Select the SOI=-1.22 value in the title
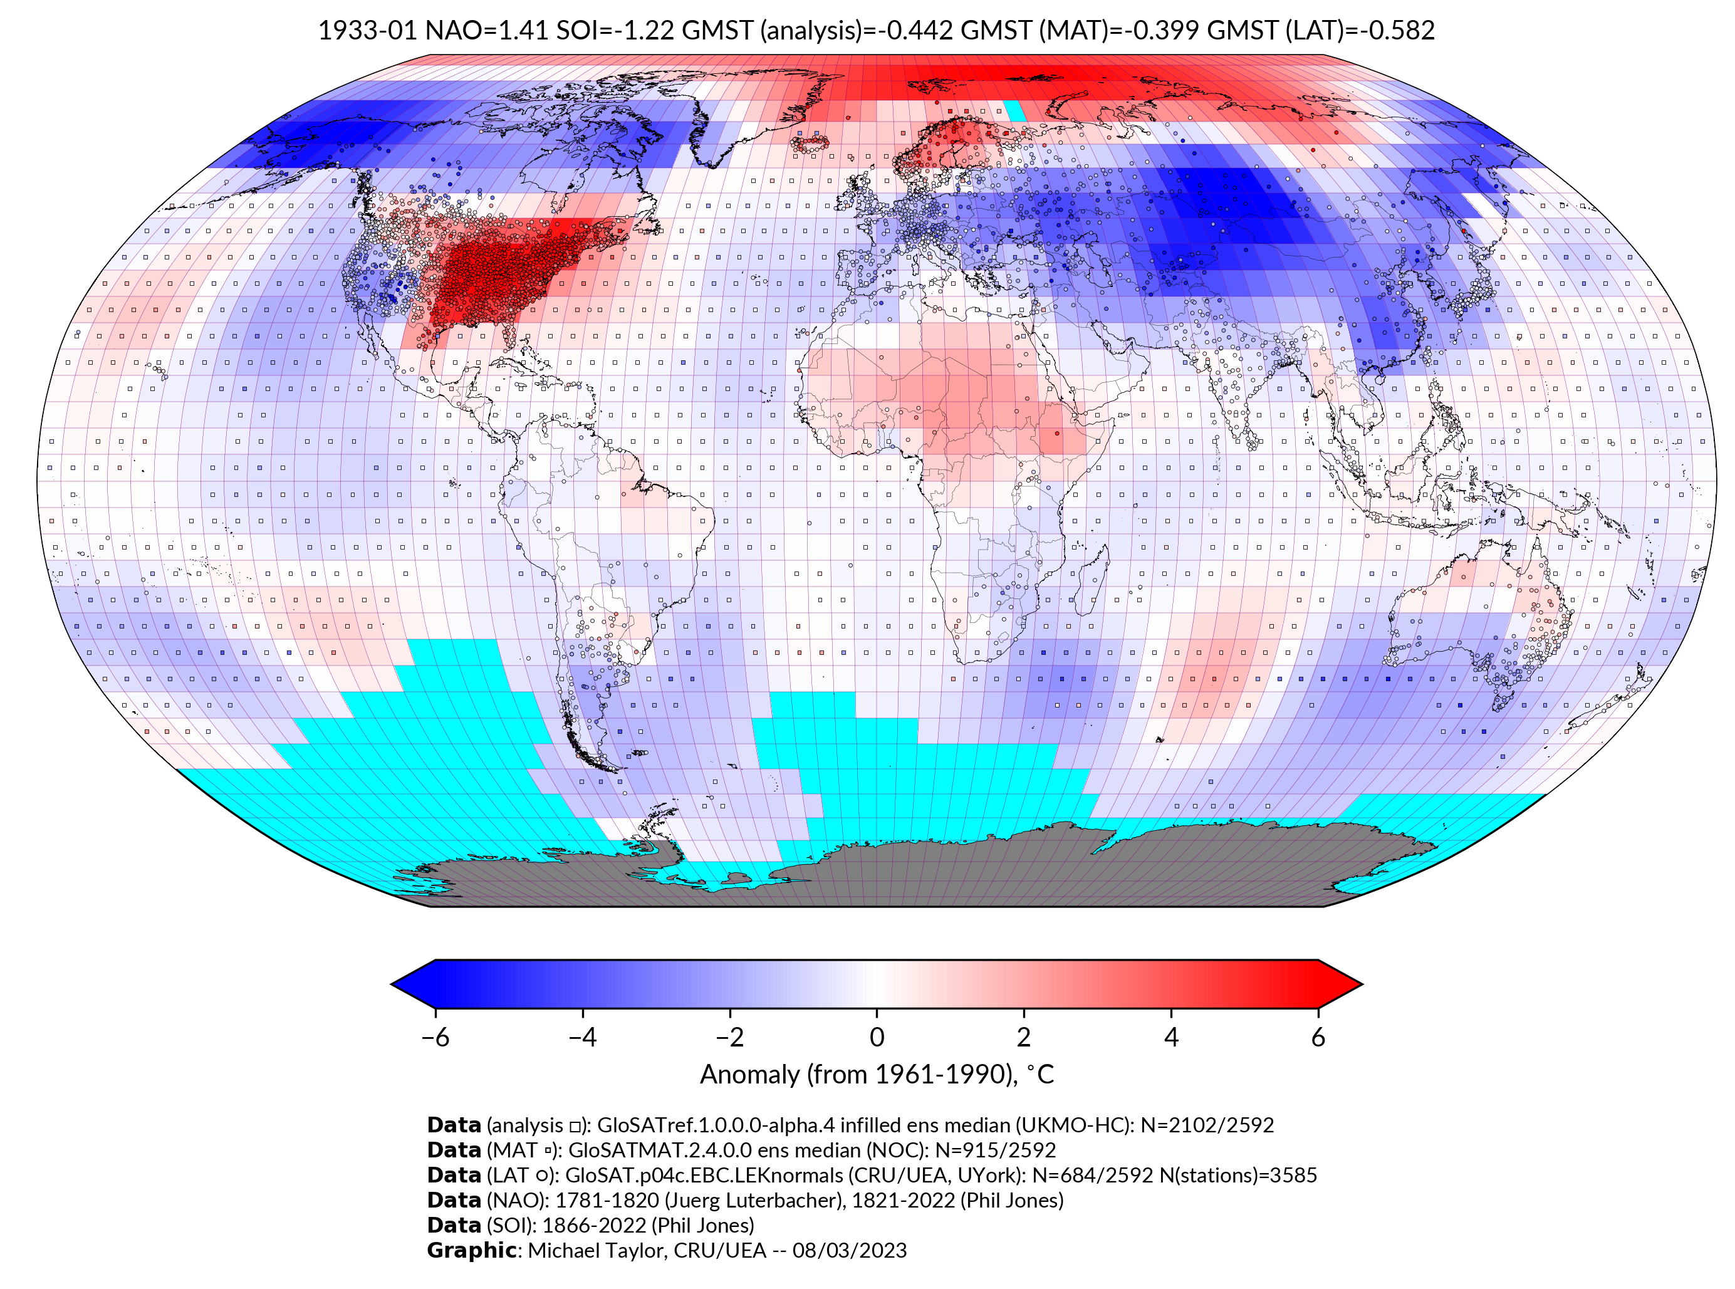pos(615,31)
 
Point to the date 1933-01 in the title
pos(367,31)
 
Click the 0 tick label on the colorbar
pos(877,1037)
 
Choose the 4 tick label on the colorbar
pos(1171,1037)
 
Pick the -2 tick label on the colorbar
pos(729,1037)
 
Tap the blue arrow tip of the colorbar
pos(402,984)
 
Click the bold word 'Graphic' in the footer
pos(471,1250)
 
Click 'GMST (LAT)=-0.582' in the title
pos(1321,31)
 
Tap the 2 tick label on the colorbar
pos(1024,1037)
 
